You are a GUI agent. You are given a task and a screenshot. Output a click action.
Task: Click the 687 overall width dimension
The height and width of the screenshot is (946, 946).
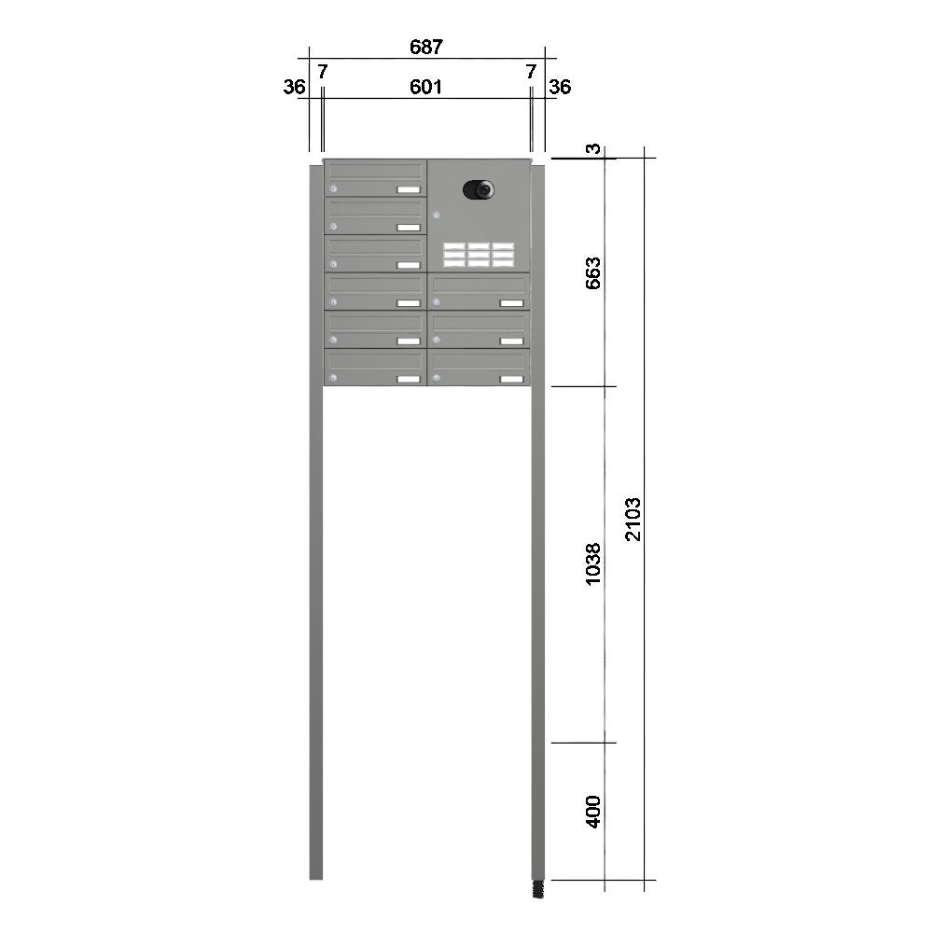pyautogui.click(x=426, y=47)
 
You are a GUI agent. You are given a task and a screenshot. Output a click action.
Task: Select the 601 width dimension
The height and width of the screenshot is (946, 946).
pyautogui.click(x=426, y=87)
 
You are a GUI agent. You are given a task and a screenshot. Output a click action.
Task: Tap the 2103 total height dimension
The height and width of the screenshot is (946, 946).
pyautogui.click(x=633, y=519)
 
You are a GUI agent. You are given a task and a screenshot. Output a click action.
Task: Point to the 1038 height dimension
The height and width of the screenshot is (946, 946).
pyautogui.click(x=593, y=563)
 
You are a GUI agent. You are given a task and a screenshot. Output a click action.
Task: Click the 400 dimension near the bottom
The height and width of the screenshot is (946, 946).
pyautogui.click(x=593, y=812)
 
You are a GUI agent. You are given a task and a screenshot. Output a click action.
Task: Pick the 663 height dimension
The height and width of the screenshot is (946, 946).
pyautogui.click(x=593, y=272)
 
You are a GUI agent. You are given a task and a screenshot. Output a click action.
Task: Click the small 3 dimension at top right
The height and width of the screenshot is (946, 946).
pyautogui.click(x=594, y=148)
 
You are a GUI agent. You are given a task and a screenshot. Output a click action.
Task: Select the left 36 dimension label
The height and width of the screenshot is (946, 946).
pyautogui.click(x=295, y=87)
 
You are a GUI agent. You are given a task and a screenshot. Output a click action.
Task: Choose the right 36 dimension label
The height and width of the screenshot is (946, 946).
pyautogui.click(x=560, y=87)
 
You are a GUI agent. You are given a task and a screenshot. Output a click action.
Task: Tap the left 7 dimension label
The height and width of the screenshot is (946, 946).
pyautogui.click(x=323, y=71)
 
